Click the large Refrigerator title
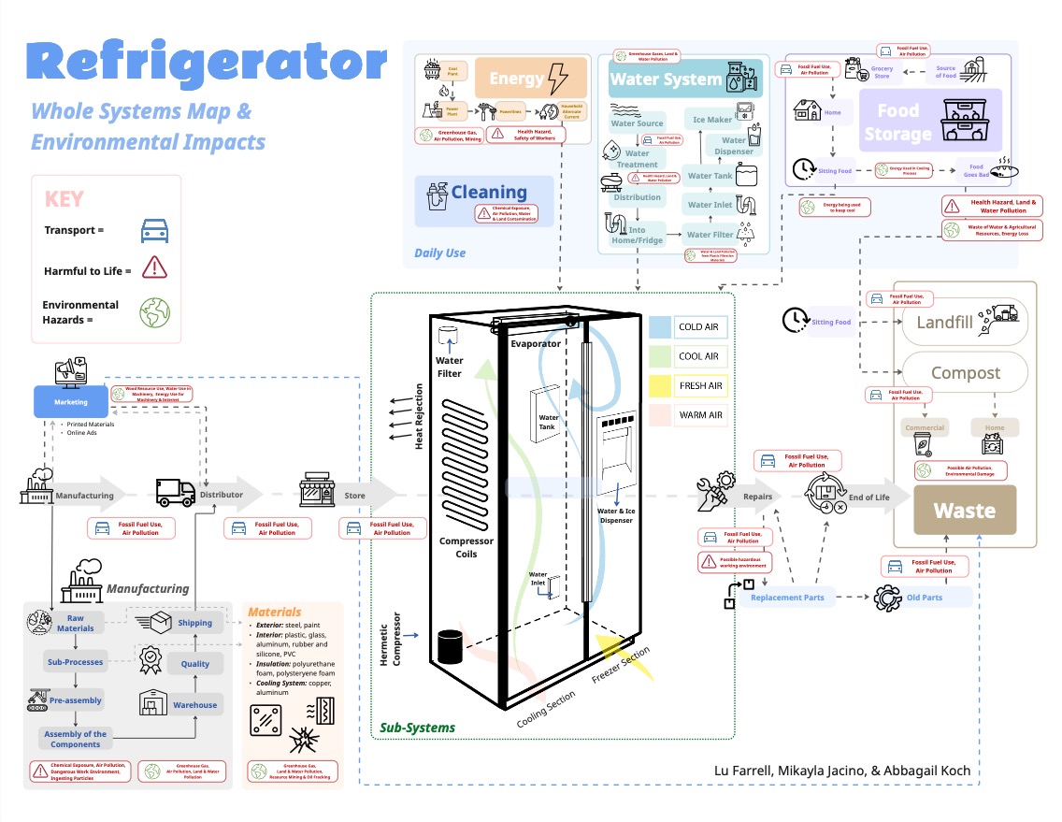[207, 64]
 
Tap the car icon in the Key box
[154, 230]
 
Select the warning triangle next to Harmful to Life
[154, 268]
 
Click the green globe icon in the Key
[154, 311]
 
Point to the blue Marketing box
[71, 402]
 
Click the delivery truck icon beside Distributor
[175, 493]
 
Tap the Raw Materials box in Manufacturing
[76, 622]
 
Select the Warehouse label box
[195, 705]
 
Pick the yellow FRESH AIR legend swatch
[660, 385]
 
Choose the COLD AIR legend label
[698, 327]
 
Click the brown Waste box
[966, 511]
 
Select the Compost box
[965, 373]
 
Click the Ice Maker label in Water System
[712, 120]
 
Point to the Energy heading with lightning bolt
[529, 79]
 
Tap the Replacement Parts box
[787, 597]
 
